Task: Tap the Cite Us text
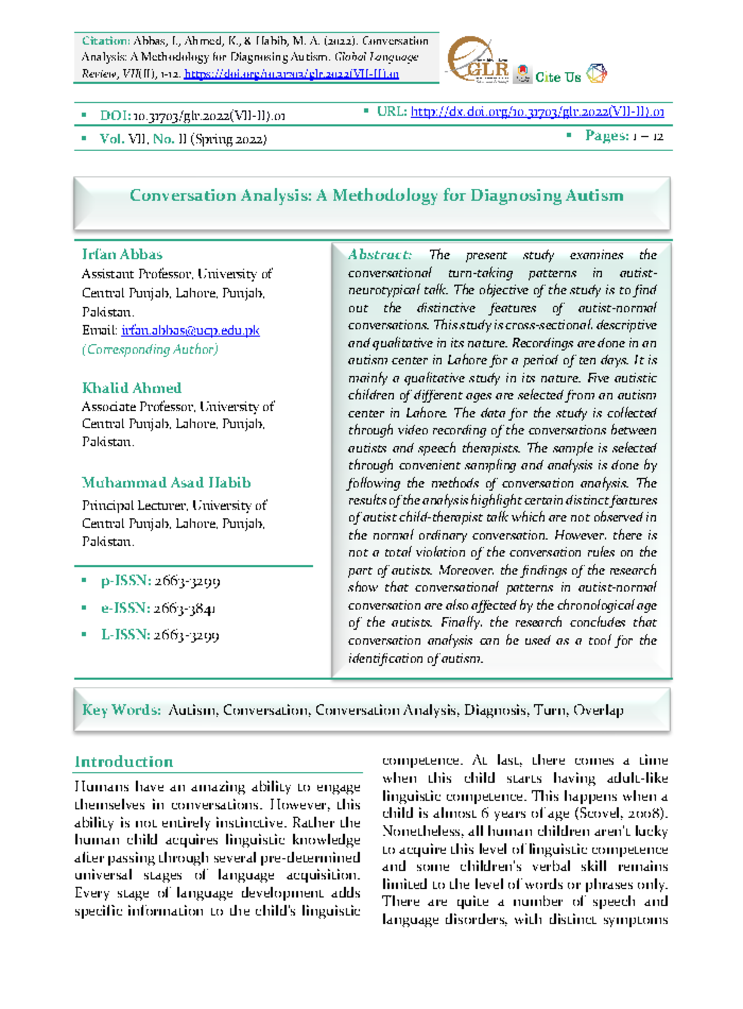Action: click(x=558, y=77)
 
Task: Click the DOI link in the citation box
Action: click(x=292, y=74)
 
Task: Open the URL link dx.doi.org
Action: click(x=537, y=112)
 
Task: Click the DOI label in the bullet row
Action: click(x=115, y=116)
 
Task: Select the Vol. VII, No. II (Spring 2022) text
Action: click(x=183, y=139)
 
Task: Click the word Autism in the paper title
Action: click(x=593, y=196)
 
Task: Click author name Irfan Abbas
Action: click(x=122, y=255)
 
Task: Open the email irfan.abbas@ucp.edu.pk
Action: click(x=190, y=330)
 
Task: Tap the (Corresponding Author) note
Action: click(x=150, y=349)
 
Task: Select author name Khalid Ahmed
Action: click(x=132, y=388)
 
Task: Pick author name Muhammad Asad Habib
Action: click(x=167, y=483)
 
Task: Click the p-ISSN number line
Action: click(x=160, y=581)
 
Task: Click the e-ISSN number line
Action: click(x=158, y=608)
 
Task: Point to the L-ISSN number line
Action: click(x=160, y=635)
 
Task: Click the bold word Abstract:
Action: click(x=380, y=255)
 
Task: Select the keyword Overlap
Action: click(x=598, y=710)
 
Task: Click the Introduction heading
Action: click(x=124, y=762)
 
